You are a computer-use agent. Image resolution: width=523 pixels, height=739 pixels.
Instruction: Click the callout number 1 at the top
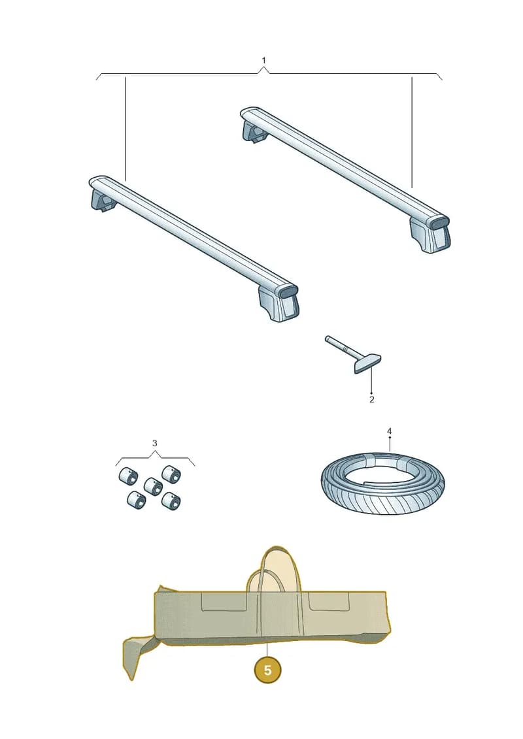click(263, 60)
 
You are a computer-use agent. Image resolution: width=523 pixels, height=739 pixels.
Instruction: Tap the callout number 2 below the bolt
click(371, 400)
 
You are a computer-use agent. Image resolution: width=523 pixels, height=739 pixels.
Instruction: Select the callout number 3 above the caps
click(155, 443)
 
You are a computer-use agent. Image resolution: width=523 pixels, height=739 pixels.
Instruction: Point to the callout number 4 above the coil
click(389, 431)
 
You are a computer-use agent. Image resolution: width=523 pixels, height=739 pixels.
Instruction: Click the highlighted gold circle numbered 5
click(267, 670)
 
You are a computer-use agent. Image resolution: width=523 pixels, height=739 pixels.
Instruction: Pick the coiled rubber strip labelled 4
click(382, 484)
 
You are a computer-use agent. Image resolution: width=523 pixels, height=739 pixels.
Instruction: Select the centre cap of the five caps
click(153, 486)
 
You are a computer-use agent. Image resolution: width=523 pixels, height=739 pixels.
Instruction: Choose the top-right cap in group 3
click(171, 474)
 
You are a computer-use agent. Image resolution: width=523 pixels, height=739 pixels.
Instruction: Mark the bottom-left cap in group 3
click(136, 500)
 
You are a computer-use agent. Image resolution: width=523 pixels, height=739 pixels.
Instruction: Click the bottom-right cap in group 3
click(171, 501)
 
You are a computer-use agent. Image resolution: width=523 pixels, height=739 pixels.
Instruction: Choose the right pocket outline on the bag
click(329, 601)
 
